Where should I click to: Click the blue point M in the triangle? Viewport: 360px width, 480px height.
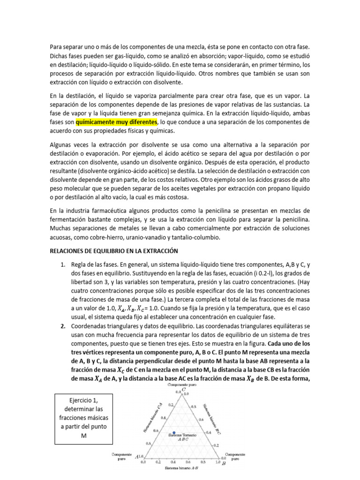174,432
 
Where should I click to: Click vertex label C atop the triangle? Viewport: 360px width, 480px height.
184,390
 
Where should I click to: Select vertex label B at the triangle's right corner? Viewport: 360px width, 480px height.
224,463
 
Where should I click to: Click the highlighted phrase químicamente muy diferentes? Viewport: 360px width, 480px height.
116,122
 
